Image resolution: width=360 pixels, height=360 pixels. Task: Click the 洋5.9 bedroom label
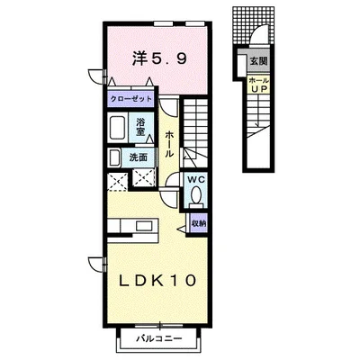pyautogui.click(x=159, y=59)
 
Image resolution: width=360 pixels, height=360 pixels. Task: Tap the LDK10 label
pyautogui.click(x=157, y=281)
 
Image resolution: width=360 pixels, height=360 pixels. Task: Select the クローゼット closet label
pyautogui.click(x=131, y=99)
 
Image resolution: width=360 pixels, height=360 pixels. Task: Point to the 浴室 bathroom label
pyautogui.click(x=140, y=127)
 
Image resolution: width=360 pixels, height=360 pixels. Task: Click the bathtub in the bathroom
pyautogui.click(x=118, y=128)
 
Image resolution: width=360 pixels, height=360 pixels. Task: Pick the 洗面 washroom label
pyautogui.click(x=139, y=157)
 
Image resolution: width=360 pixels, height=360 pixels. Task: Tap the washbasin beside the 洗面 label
pyautogui.click(x=114, y=157)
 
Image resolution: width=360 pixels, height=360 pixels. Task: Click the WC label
pyautogui.click(x=196, y=180)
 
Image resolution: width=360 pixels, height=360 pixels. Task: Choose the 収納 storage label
pyautogui.click(x=198, y=223)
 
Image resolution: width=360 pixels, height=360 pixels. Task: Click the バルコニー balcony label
pyautogui.click(x=159, y=339)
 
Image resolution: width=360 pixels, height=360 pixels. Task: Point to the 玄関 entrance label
pyautogui.click(x=258, y=61)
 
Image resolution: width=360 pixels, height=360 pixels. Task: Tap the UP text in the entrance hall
pyautogui.click(x=259, y=88)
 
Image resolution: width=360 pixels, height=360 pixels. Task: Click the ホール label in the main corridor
pyautogui.click(x=169, y=144)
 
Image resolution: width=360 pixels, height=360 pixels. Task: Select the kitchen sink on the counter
pyautogui.click(x=145, y=225)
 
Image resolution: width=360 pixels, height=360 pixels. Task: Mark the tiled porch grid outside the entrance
pyautogui.click(x=254, y=24)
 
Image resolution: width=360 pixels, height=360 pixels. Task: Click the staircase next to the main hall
pyautogui.click(x=195, y=133)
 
